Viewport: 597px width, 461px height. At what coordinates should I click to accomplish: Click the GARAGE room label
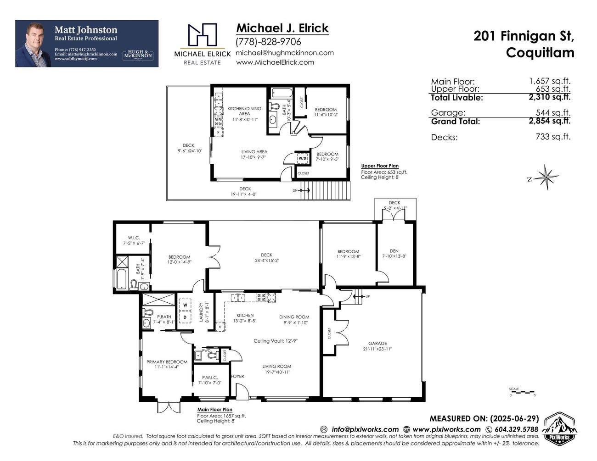click(377, 343)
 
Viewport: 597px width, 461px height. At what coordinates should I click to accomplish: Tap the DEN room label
click(394, 251)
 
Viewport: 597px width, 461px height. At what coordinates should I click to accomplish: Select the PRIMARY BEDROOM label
click(167, 362)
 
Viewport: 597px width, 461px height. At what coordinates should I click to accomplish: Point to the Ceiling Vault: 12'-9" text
click(276, 341)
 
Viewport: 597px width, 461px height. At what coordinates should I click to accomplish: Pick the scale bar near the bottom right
click(522, 393)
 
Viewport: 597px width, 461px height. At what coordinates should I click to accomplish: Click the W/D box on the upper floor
click(302, 159)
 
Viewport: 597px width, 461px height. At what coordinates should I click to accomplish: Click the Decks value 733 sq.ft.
click(553, 137)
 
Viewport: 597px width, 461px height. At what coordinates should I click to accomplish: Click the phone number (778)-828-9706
click(268, 42)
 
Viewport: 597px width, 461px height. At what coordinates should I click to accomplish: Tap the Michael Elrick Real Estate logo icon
click(202, 36)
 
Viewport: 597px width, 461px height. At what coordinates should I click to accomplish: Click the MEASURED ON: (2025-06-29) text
click(484, 418)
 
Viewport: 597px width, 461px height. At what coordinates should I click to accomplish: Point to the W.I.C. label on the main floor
click(130, 238)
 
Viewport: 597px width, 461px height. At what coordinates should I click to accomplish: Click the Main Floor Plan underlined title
click(214, 410)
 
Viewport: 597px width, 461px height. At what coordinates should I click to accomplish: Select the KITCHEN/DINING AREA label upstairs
click(244, 111)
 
